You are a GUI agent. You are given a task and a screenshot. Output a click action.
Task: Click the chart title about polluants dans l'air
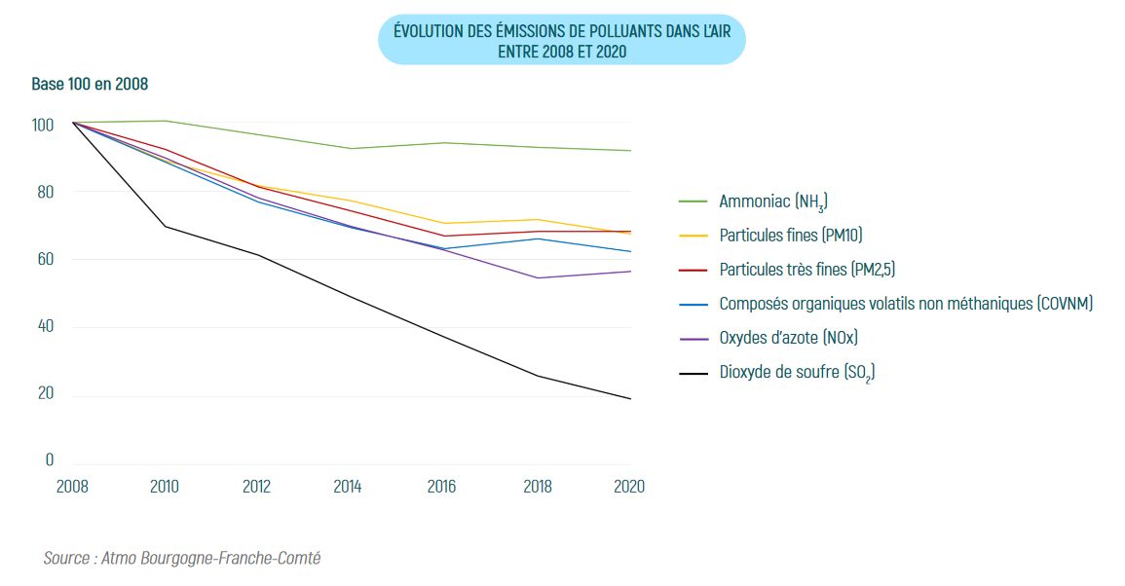[561, 40]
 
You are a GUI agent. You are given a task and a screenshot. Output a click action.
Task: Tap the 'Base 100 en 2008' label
[90, 85]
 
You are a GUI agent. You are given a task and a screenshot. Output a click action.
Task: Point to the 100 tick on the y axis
[43, 125]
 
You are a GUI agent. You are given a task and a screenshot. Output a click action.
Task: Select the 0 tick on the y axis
[50, 459]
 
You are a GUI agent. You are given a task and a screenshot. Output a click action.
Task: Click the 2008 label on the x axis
[73, 487]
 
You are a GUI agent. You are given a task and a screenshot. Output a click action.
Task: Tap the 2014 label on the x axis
[348, 487]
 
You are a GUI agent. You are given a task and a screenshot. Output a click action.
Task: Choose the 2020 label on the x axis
[629, 487]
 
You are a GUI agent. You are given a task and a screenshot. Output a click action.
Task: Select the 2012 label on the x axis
[257, 487]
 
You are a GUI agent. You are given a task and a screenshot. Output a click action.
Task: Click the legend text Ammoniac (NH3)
[773, 202]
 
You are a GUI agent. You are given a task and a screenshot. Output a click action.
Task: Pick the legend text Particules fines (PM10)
[791, 236]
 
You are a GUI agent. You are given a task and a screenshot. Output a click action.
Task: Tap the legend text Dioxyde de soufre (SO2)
[797, 372]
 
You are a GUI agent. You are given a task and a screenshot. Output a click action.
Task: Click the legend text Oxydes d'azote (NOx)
[788, 338]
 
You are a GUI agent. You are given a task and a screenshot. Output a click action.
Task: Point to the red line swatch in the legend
[693, 270]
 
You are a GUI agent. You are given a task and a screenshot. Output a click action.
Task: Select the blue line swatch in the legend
[693, 304]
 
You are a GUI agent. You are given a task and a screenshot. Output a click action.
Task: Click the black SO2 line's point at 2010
[165, 226]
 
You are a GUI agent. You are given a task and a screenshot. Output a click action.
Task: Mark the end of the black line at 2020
[630, 398]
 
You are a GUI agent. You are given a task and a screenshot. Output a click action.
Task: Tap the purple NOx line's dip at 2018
[538, 277]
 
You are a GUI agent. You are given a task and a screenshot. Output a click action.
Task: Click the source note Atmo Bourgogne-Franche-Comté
[182, 559]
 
